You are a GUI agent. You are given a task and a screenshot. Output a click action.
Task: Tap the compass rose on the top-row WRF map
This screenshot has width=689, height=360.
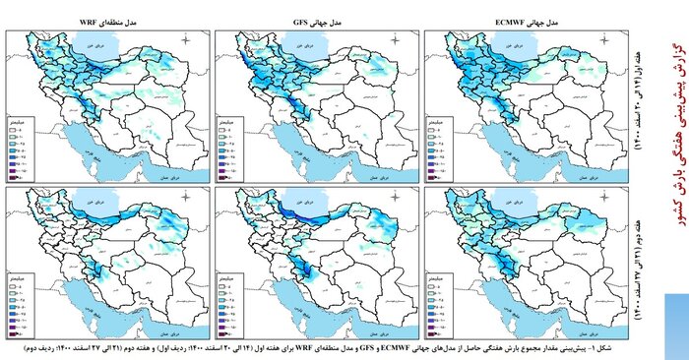click(x=188, y=40)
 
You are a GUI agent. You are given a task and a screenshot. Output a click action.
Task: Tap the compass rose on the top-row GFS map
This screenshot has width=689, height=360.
click(x=400, y=40)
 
